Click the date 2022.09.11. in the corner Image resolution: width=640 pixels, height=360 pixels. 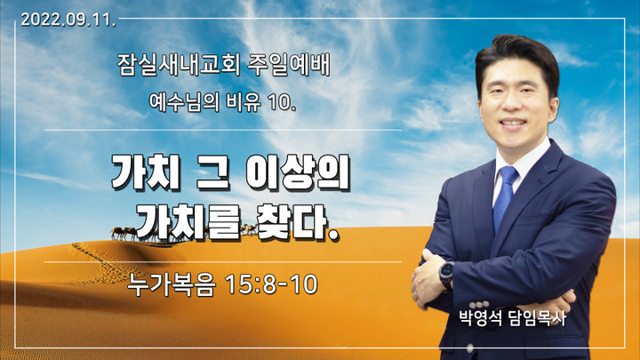point(68,20)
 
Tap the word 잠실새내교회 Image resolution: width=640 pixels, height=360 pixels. point(179,65)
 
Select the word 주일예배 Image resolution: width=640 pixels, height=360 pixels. point(289,65)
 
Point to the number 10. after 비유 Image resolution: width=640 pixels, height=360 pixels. point(282,103)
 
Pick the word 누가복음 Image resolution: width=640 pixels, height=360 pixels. point(172,284)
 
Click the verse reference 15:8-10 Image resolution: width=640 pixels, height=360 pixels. point(271,284)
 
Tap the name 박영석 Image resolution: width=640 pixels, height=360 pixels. point(480,318)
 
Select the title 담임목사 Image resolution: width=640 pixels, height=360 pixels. point(537,318)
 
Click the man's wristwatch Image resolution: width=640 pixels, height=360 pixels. point(446,275)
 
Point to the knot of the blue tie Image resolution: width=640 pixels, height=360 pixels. point(508,175)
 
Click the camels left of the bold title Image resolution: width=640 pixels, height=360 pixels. point(124,233)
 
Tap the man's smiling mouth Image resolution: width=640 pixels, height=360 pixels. point(513,123)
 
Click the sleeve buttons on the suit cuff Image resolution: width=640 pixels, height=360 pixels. point(479,305)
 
